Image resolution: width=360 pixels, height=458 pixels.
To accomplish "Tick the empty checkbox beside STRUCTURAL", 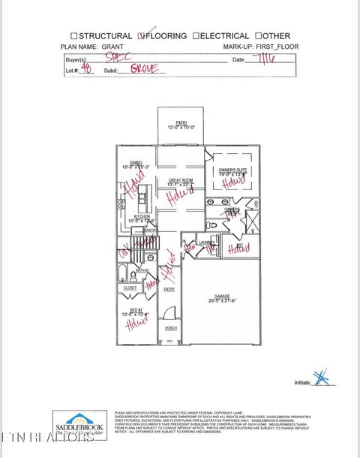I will point(73,36).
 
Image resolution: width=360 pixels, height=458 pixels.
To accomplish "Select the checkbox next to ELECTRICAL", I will point(196,36).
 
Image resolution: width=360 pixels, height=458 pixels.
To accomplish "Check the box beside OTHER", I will point(258,36).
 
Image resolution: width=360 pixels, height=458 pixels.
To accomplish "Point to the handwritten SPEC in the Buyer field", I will point(113,57).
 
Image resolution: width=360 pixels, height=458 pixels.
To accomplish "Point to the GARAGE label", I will point(221,295).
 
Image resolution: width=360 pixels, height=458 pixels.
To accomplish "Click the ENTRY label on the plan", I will point(169,290).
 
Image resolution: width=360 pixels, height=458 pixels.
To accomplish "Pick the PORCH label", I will point(170,328).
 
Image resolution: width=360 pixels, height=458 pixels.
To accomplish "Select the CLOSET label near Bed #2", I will point(130,288).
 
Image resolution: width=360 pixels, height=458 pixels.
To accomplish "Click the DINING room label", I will point(136,163).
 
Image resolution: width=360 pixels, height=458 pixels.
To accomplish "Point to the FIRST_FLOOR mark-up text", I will point(272,47).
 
